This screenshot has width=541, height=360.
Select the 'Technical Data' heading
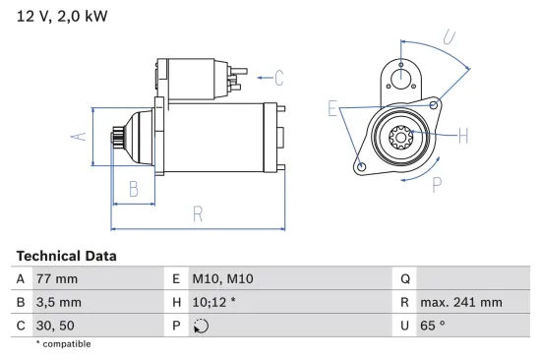click(66, 256)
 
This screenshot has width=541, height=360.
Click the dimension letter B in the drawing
click(134, 190)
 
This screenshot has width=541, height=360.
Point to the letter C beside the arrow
click(278, 77)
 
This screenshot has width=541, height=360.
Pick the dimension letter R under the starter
click(197, 213)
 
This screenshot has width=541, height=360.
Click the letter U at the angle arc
click(449, 38)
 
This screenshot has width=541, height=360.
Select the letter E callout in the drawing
click(332, 108)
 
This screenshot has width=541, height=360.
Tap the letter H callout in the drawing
click(463, 136)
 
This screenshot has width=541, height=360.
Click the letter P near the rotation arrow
click(437, 182)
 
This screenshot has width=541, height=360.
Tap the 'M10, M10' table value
click(213, 278)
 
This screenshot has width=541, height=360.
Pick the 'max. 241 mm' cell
click(460, 302)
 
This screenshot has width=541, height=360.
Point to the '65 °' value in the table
click(433, 326)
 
